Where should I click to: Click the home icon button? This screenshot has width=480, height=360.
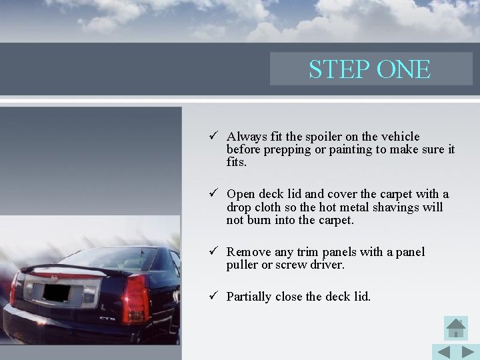(456, 328)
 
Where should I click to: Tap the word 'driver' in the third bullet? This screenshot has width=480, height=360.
(325, 265)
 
